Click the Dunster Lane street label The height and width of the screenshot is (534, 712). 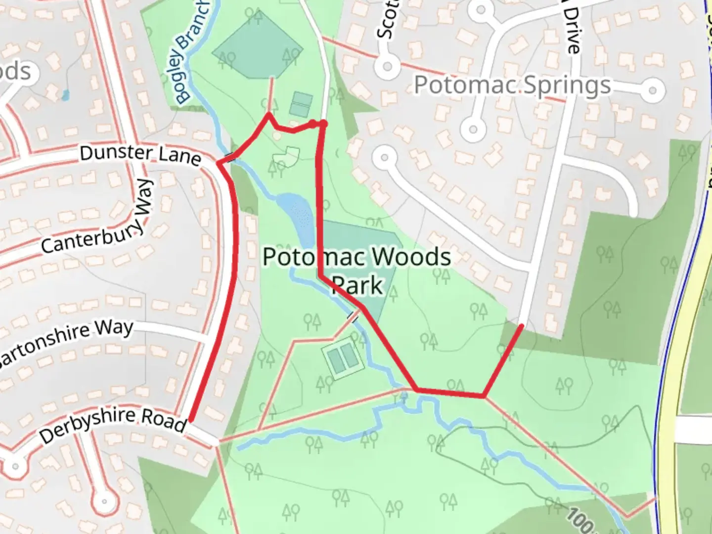coord(140,155)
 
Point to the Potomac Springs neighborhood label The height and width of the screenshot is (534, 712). coord(512,85)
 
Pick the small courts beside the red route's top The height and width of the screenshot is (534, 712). coord(301,104)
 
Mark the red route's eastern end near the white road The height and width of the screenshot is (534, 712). coord(521,325)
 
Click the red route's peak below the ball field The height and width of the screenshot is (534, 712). coord(268,115)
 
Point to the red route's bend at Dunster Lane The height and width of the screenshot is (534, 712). coord(219,162)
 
